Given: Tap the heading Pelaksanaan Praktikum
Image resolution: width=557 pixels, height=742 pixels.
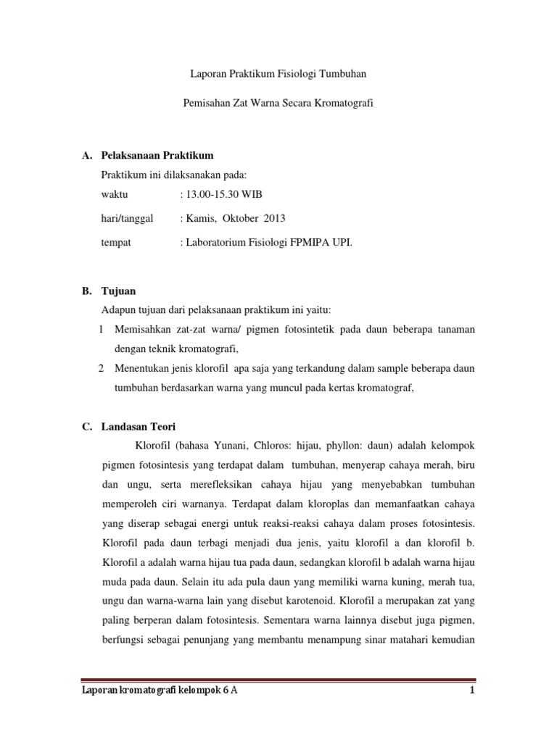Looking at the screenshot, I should [x=157, y=156].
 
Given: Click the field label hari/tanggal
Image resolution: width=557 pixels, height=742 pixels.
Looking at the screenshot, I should [x=128, y=219].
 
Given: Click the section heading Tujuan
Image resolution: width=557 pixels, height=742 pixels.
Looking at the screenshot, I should [x=117, y=291].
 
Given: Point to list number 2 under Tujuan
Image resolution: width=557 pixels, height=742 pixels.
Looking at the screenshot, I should [x=100, y=368].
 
